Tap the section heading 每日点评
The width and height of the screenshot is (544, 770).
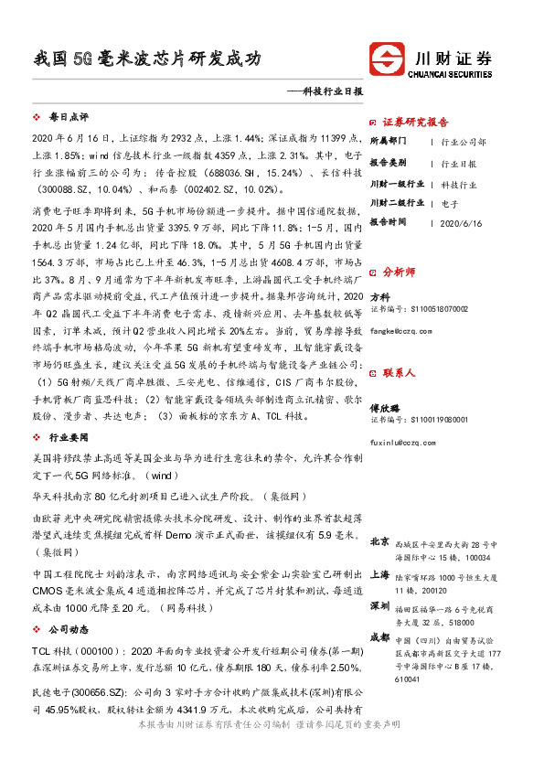[x=68, y=118]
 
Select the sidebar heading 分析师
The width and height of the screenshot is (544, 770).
[x=399, y=272]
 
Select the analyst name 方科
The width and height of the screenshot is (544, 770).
[x=379, y=298]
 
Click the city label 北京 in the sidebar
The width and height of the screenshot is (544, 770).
[x=380, y=542]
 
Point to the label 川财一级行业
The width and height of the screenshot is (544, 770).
[x=397, y=183]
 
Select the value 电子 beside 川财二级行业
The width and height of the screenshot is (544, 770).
[x=449, y=202]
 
